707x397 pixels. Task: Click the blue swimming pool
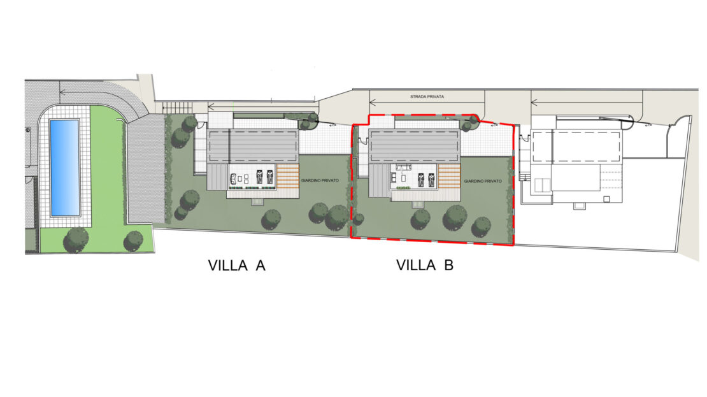click(x=65, y=168)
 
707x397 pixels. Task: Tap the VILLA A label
click(x=237, y=265)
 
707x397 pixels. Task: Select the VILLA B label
click(x=425, y=265)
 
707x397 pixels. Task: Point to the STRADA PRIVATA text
click(x=427, y=97)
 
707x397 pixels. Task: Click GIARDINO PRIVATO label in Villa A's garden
click(x=320, y=180)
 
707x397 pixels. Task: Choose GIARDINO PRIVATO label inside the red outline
click(x=483, y=181)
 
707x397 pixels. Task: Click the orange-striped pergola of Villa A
click(x=288, y=177)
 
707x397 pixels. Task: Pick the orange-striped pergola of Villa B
click(x=449, y=177)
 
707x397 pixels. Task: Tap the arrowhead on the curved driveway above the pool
click(x=62, y=92)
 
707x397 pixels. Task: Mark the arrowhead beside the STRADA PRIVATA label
click(x=373, y=103)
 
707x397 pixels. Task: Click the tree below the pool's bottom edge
click(x=76, y=240)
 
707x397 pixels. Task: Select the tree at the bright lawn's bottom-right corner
click(x=134, y=241)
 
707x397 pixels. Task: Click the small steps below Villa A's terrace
click(x=257, y=202)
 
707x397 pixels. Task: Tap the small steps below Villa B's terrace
click(x=418, y=205)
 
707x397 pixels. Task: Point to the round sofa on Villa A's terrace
click(x=234, y=178)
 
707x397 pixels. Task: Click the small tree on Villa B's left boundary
click(x=359, y=220)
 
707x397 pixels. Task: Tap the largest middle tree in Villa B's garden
click(x=455, y=219)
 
